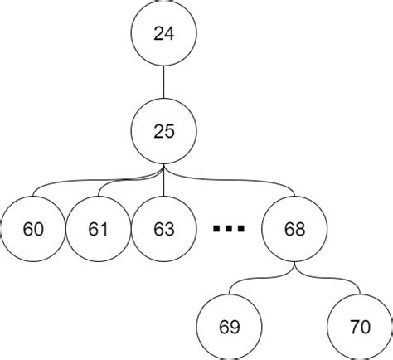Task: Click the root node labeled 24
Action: (164, 34)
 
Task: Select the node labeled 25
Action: (164, 130)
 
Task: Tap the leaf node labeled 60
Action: (33, 228)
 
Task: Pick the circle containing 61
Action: (99, 228)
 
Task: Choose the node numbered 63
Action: (164, 228)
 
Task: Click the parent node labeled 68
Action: (294, 228)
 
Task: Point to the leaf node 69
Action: (230, 326)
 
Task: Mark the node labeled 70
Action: (360, 326)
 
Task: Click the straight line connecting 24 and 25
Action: (164, 82)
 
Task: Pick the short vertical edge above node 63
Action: (164, 187)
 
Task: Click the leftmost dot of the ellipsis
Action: (216, 229)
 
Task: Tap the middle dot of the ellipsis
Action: (229, 229)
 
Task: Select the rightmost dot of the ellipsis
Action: (241, 229)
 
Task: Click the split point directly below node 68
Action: (294, 270)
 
